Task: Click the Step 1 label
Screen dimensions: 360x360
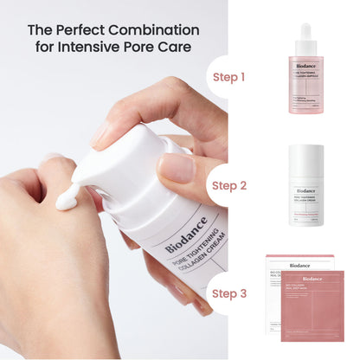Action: [x=229, y=77]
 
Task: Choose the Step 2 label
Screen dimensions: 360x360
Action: [x=229, y=185]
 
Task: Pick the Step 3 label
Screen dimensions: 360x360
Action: [x=229, y=293]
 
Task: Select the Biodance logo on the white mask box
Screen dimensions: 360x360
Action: [x=299, y=265]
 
